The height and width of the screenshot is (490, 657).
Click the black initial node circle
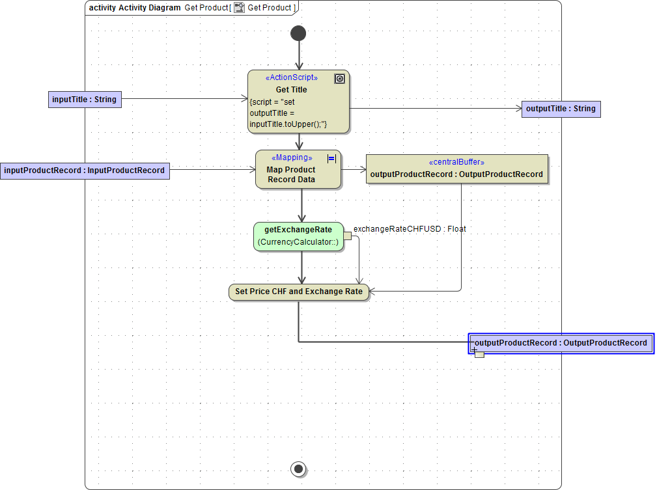coord(298,33)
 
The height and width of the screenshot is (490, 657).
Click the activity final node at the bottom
coord(298,468)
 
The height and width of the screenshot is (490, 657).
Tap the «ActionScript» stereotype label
coord(291,77)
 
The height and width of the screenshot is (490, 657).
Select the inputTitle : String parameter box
coord(85,100)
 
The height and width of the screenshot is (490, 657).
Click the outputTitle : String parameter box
coord(561,109)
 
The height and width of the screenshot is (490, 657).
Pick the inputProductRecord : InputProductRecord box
coord(85,170)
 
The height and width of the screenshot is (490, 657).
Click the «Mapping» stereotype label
coord(291,157)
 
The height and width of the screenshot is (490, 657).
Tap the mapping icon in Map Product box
coord(331,158)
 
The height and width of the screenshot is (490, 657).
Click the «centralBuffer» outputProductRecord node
coord(456,169)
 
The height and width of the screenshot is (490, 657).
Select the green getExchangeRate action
coord(298,236)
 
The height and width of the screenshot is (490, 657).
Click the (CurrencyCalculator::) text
coord(298,243)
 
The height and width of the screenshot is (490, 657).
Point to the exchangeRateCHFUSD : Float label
coord(410,229)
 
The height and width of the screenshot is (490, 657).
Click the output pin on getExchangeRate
coord(347,236)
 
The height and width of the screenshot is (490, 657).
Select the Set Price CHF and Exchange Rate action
coord(299,292)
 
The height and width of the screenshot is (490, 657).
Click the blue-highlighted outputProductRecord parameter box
coord(561,343)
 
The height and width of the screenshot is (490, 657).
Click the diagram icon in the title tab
coord(240,8)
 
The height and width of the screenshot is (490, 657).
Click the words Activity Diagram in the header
coord(150,8)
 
